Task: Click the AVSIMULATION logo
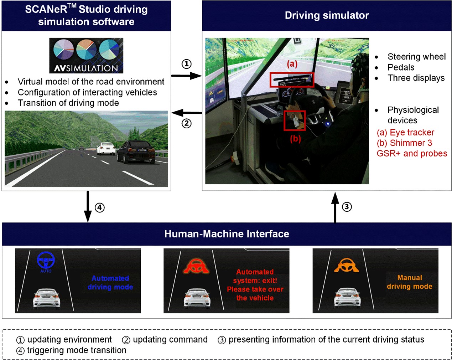pos(86,56)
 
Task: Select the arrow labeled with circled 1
pos(186,76)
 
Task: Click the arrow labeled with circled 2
pos(186,113)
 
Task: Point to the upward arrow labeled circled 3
pos(335,207)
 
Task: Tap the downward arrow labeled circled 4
pos(88,207)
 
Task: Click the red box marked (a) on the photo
pos(292,80)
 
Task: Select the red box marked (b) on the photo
pos(295,120)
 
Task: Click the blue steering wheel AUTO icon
pos(46,261)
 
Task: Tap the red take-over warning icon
pos(196,266)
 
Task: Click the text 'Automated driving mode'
pos(110,283)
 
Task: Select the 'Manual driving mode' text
pos(410,282)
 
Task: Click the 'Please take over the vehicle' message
pos(255,293)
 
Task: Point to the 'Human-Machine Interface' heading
pos(227,234)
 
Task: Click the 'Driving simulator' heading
pos(327,15)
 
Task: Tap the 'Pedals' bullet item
pos(401,67)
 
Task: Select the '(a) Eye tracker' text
pos(405,133)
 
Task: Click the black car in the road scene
pos(136,152)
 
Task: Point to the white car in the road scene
pos(106,148)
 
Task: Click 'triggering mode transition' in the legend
pos(77,350)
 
